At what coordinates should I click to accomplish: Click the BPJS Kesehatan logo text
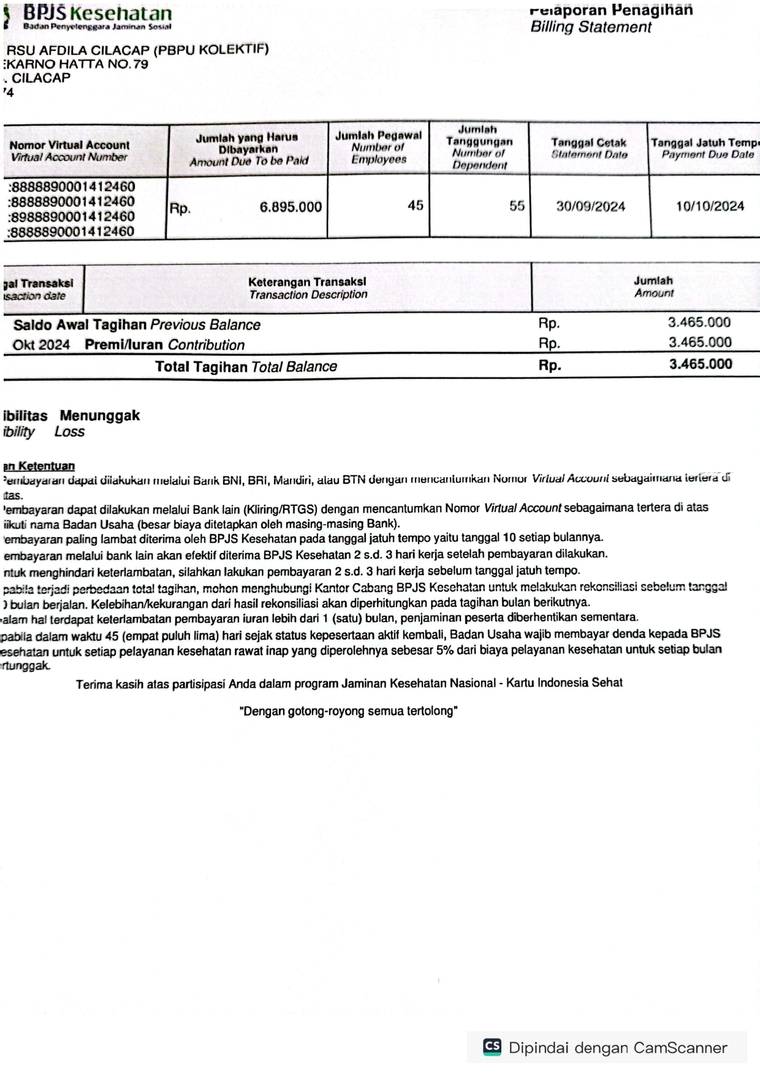(97, 13)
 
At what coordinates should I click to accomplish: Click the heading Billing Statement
(591, 27)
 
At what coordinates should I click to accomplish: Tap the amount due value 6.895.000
(291, 207)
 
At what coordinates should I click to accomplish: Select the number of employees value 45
(416, 206)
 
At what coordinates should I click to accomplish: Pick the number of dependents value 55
(517, 206)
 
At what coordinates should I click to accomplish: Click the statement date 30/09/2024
(590, 207)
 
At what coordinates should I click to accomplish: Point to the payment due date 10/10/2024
(710, 207)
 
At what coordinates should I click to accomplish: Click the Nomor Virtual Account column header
(69, 151)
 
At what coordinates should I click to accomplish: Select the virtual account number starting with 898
(72, 216)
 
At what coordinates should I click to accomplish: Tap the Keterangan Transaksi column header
(308, 288)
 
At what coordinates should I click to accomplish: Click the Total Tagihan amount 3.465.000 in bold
(701, 364)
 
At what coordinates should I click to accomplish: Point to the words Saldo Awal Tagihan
(80, 325)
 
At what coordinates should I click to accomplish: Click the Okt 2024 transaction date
(41, 345)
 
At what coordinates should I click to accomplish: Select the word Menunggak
(100, 416)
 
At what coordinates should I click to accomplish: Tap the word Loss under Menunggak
(69, 432)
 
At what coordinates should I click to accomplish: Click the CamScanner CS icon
(492, 1047)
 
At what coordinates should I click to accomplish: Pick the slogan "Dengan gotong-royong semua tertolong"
(348, 711)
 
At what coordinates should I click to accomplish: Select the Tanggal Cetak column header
(588, 148)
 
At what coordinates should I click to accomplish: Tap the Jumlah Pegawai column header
(378, 147)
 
